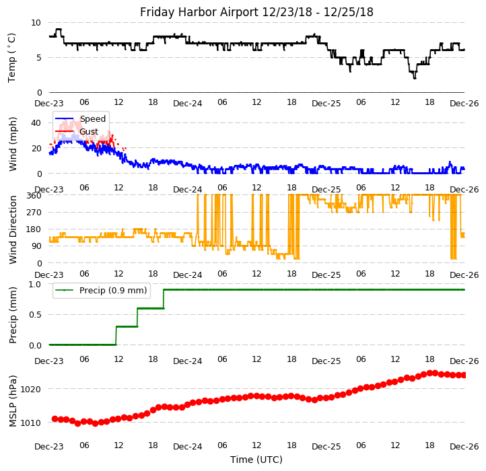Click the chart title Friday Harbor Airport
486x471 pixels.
pos(256,12)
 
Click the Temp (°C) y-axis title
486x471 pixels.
pos(13,57)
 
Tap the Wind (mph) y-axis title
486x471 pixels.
pos(13,143)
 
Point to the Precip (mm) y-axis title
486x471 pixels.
pos(13,314)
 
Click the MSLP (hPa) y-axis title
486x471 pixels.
pos(13,400)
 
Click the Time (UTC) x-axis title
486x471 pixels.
pos(256,460)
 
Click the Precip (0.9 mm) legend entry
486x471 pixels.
pos(112,291)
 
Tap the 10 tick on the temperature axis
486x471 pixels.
pos(36,22)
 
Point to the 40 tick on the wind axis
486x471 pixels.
pos(36,122)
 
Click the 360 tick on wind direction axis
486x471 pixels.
pos(33,196)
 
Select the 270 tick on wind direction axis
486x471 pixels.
pos(33,213)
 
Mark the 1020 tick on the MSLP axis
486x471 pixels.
pos(31,389)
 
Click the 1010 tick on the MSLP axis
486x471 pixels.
pos(31,423)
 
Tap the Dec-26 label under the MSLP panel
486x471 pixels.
pos(464,447)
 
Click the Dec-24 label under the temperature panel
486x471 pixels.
pos(187,104)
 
